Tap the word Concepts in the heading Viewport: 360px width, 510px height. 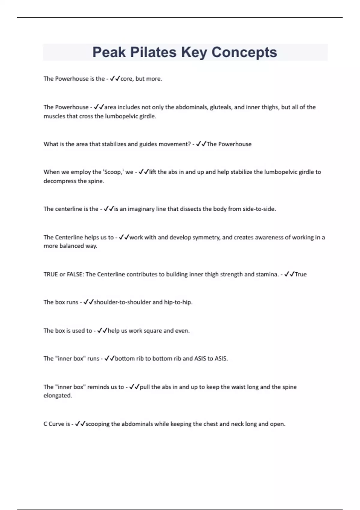pos(244,52)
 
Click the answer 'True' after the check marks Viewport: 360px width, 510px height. pos(301,274)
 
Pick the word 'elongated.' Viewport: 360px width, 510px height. pos(58,395)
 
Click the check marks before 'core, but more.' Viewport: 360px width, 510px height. pos(115,79)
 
